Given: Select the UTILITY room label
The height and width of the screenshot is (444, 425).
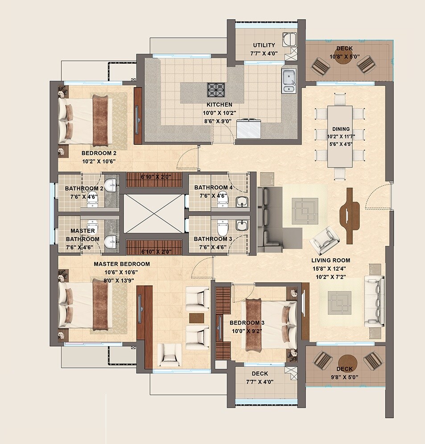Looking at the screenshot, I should [264, 45].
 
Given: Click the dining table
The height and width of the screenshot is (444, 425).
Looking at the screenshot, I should [340, 136].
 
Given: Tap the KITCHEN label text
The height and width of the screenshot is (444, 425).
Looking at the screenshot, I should [216, 105].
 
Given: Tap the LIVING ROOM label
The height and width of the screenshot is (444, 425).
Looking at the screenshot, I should [331, 260].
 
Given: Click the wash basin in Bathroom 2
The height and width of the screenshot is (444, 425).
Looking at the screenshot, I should [110, 185].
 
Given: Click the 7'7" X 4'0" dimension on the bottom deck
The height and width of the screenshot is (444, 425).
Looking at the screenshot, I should [260, 382].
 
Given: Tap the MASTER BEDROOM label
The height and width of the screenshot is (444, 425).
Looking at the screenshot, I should [122, 264].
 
